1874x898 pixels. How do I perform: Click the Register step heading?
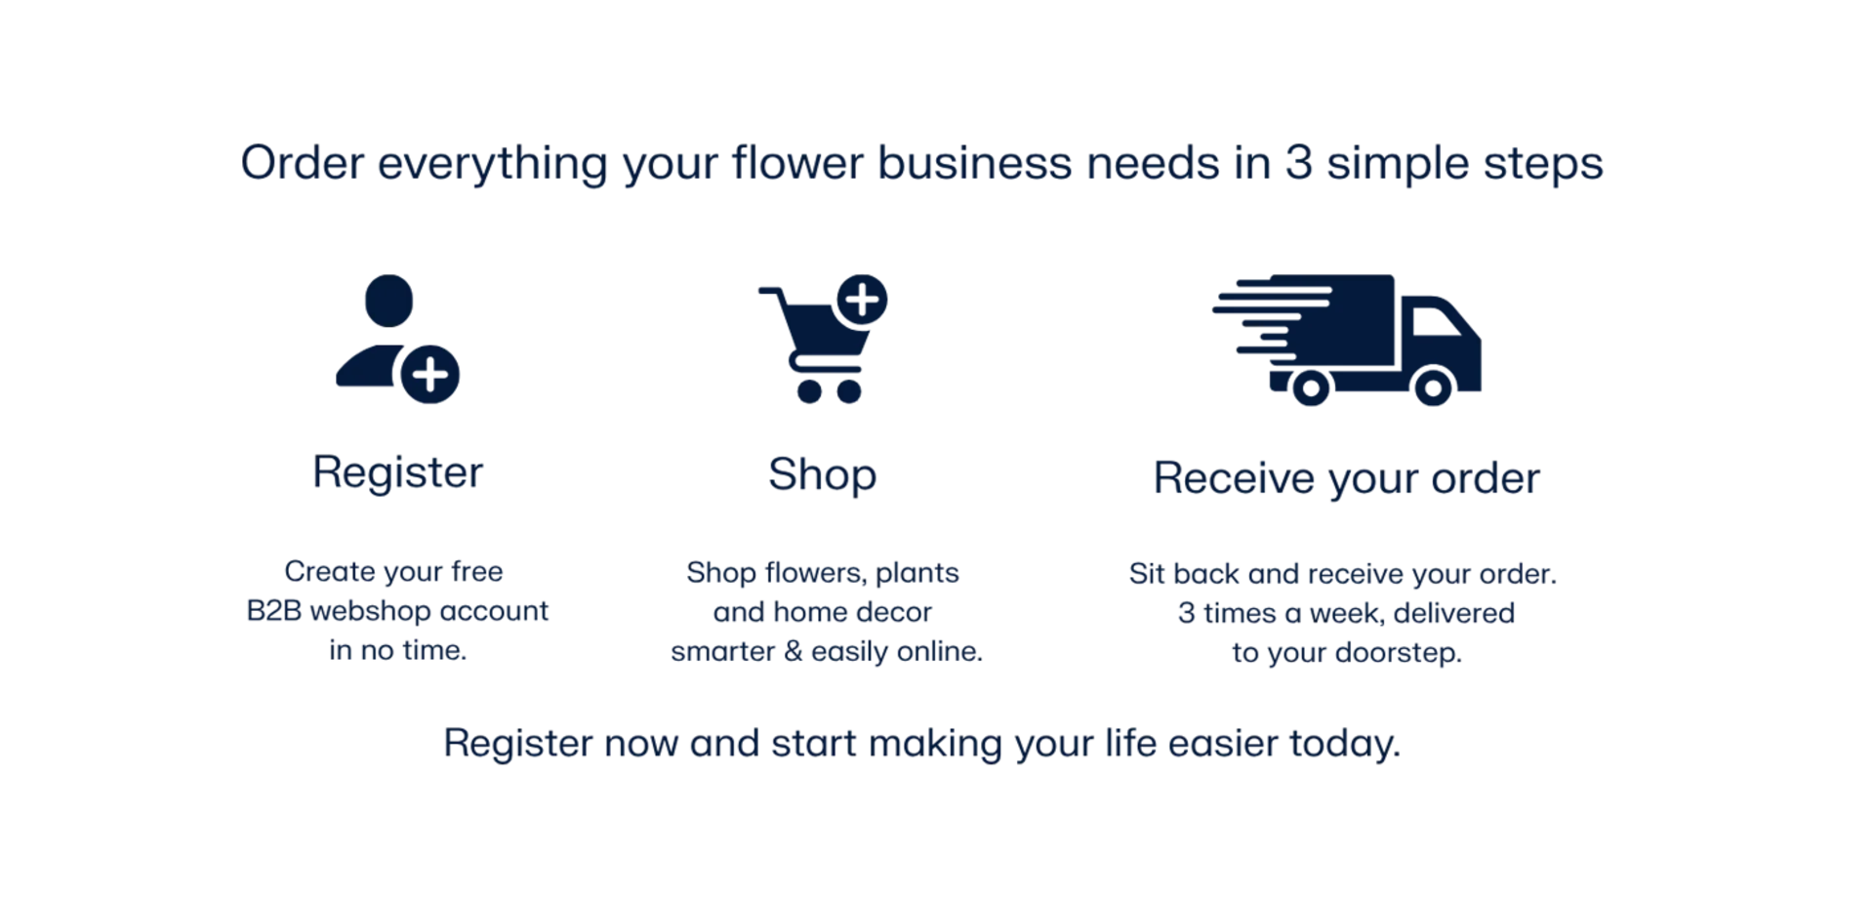point(397,473)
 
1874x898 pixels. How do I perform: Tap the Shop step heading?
point(823,475)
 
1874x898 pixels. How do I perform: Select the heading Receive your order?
point(1347,479)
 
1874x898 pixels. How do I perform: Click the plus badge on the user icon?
point(430,374)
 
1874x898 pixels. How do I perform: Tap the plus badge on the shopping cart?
point(863,299)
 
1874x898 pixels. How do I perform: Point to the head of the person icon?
point(389,301)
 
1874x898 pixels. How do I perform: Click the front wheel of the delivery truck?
point(1433,388)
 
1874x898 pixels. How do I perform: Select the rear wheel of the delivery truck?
point(1311,388)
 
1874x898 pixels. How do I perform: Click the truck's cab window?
point(1436,321)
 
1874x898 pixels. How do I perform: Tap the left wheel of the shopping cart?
point(809,391)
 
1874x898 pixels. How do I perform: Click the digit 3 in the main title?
point(1298,162)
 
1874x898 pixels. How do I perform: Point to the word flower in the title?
point(797,162)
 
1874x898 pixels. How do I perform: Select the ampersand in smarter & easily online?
point(793,651)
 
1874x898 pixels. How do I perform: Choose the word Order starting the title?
point(303,162)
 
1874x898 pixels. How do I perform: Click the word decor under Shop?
point(894,612)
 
